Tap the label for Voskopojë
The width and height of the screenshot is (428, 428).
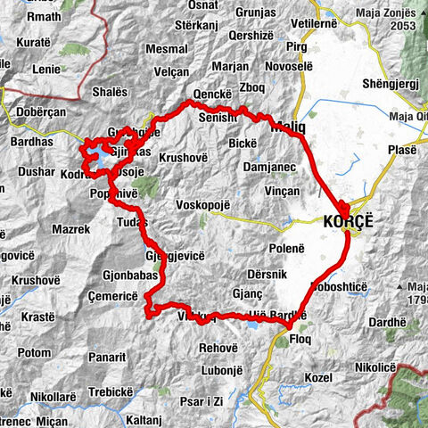(x=202, y=205)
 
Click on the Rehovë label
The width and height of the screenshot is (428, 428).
(x=219, y=348)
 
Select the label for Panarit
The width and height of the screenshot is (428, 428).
(x=107, y=357)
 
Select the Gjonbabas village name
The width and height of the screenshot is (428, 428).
(x=105, y=276)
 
